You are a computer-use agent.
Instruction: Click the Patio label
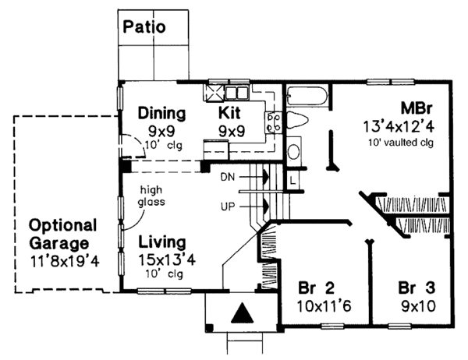144,26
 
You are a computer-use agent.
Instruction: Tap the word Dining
161,113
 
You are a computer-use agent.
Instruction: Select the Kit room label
229,113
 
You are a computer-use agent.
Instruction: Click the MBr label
417,108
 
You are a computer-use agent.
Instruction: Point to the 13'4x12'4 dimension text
399,126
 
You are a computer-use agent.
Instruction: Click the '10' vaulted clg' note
400,143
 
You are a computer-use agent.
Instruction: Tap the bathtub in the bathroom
307,96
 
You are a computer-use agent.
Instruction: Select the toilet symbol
297,120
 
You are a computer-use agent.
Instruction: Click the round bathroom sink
295,152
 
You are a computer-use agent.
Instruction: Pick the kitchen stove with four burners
273,122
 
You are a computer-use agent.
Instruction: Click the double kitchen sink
236,93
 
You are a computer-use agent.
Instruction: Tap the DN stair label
228,177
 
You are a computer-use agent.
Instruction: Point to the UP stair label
228,206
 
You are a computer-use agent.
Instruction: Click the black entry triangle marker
242,313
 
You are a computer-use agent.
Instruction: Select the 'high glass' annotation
151,196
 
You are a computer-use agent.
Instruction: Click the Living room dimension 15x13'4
167,260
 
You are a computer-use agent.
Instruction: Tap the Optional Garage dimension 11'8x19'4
65,261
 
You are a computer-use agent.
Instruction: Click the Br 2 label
317,288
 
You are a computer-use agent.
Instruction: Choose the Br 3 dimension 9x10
418,306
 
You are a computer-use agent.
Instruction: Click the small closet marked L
292,180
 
